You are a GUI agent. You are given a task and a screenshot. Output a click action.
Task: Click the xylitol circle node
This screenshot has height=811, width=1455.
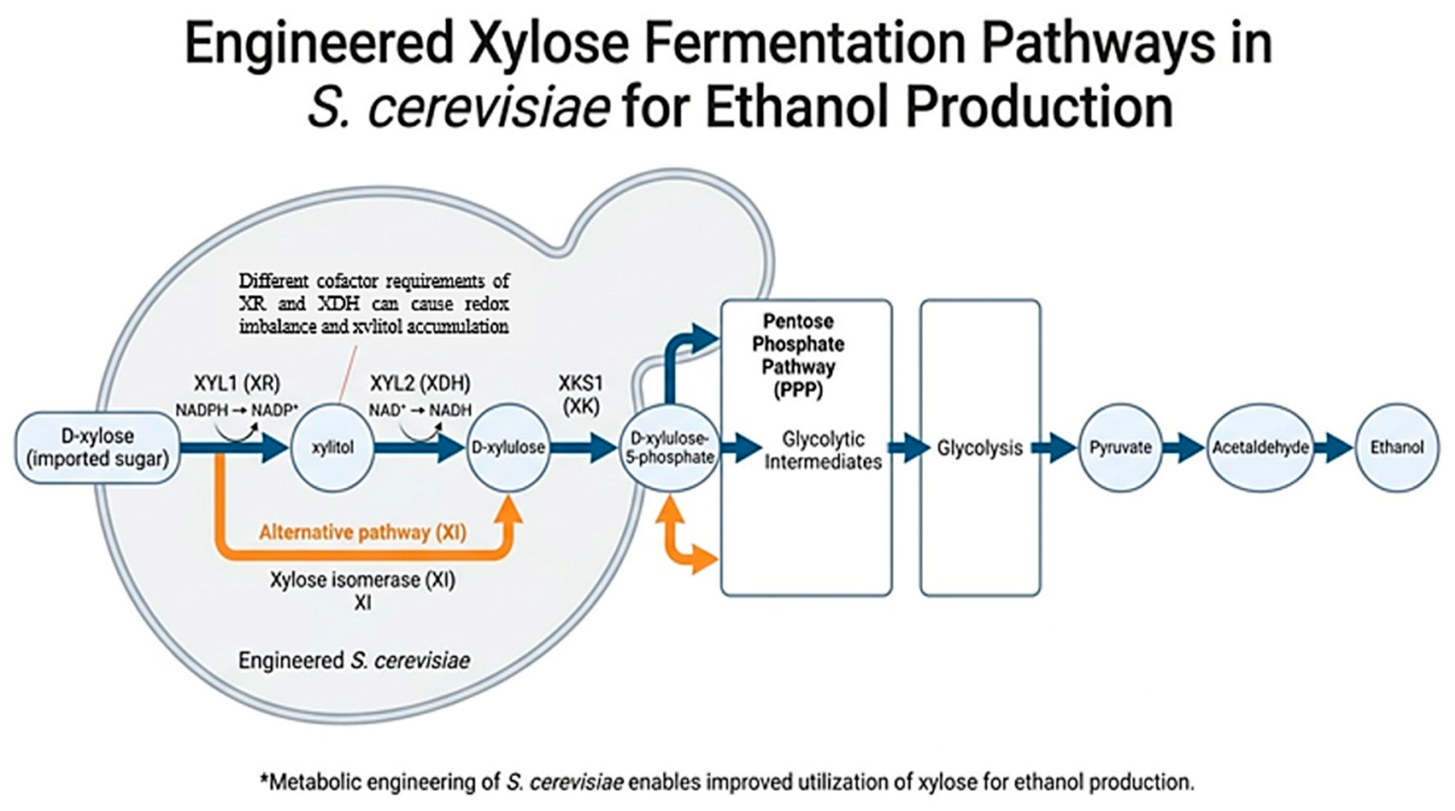point(332,448)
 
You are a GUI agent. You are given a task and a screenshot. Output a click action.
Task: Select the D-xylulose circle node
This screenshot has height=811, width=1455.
point(508,448)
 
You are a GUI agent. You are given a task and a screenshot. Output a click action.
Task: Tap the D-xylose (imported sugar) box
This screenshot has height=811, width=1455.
point(98,448)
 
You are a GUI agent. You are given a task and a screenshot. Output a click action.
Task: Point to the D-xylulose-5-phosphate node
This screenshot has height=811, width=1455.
point(670,448)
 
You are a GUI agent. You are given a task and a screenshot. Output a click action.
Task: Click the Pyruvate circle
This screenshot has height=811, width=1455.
point(1120,448)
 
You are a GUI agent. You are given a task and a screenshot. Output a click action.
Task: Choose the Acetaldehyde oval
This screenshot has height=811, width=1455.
point(1260,448)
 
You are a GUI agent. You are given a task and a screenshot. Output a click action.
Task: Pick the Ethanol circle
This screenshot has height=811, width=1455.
point(1397,448)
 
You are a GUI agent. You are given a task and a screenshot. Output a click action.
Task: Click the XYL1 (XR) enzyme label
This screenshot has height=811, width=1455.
point(237,383)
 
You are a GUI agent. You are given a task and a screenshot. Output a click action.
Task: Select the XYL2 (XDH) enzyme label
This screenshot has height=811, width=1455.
point(420,383)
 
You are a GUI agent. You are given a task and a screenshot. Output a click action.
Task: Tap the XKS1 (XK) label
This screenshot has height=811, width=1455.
point(581,394)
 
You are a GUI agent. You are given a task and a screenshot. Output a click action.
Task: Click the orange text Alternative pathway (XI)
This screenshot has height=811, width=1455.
point(363,532)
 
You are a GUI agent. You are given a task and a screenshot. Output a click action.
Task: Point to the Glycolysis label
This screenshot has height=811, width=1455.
point(980,448)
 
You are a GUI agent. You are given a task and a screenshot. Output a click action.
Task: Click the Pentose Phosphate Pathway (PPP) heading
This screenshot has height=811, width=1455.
point(798,356)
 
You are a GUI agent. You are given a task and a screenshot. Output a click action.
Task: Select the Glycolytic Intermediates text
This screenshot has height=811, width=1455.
point(823,451)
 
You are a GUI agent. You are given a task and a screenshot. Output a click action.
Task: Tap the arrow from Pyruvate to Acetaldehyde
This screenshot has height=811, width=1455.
point(1185,448)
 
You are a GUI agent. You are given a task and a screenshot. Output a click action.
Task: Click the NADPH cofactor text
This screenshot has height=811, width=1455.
point(202,410)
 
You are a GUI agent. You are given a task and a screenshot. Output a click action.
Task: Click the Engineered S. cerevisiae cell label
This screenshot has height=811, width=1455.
point(354,661)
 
